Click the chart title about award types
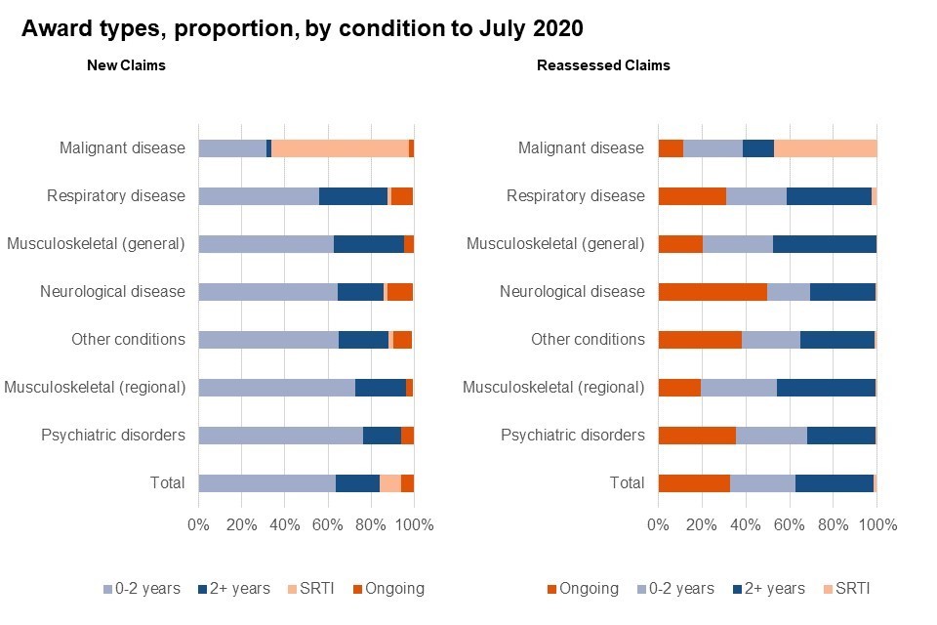tap(303, 29)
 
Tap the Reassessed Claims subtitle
tap(603, 65)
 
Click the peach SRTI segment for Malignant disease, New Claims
tap(340, 148)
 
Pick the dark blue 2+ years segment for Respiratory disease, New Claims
tap(353, 195)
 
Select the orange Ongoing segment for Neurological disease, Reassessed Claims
tap(713, 291)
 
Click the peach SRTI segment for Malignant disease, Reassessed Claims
tap(825, 148)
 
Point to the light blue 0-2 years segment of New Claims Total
tap(266, 482)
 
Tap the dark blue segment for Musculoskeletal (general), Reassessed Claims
tap(825, 243)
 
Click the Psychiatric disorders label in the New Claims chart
tap(113, 435)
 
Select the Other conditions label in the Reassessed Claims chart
tap(588, 339)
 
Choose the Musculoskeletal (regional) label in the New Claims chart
tap(95, 387)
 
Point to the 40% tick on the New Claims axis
tap(284, 524)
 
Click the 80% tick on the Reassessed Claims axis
tap(833, 524)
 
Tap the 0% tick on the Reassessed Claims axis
tap(658, 524)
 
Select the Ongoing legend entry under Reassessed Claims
tap(583, 589)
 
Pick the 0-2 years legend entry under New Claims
tap(142, 589)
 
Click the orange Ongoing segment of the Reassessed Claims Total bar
tap(694, 482)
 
